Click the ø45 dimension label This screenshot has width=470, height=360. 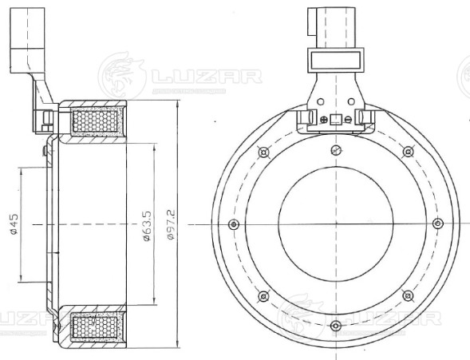point(14,225)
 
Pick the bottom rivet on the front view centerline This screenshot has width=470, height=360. point(335,326)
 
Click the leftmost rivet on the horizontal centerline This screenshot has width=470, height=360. point(233,224)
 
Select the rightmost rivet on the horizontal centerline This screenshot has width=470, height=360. point(436,224)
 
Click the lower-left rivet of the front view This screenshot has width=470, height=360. point(263,296)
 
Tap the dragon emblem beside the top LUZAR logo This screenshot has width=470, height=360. point(120,75)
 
